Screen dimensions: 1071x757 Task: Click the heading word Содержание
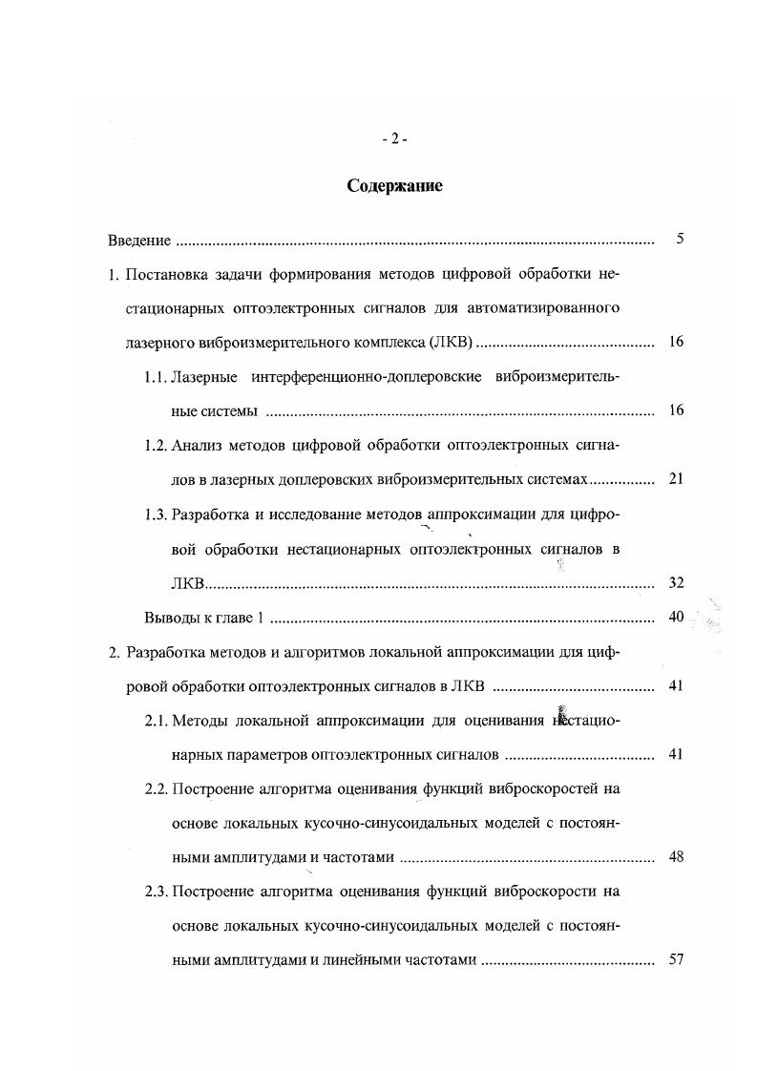pyautogui.click(x=394, y=186)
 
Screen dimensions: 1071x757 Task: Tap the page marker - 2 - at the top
pyautogui.click(x=394, y=138)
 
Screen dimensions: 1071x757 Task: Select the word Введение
pyautogui.click(x=139, y=240)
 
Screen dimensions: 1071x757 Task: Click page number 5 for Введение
pyautogui.click(x=680, y=239)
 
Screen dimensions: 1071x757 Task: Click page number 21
pyautogui.click(x=676, y=479)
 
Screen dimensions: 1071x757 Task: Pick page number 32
pyautogui.click(x=676, y=582)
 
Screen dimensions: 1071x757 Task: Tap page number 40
pyautogui.click(x=676, y=617)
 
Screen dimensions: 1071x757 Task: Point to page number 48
pyautogui.click(x=676, y=857)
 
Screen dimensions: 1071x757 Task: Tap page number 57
pyautogui.click(x=676, y=960)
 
